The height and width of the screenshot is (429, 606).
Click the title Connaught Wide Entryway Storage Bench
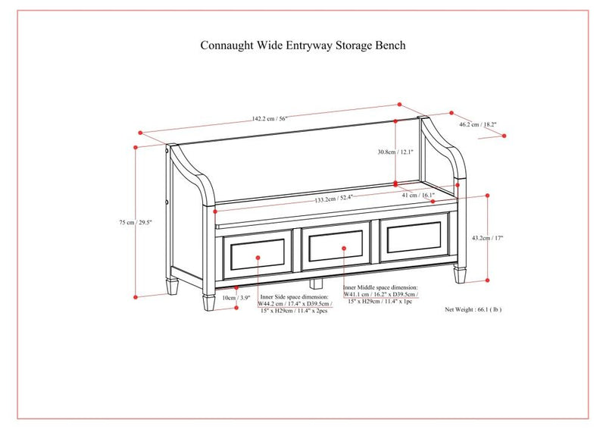302,45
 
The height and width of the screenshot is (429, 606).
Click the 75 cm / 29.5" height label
136,223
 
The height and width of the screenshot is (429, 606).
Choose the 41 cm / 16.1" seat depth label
418,196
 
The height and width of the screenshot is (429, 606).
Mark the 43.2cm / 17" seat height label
488,238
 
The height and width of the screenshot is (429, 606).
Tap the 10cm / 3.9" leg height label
235,298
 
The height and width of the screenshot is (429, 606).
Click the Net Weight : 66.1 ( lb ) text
473,309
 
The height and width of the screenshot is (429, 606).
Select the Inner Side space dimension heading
294,298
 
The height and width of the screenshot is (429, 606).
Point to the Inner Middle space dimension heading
380,288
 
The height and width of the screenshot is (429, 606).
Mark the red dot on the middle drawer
344,248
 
